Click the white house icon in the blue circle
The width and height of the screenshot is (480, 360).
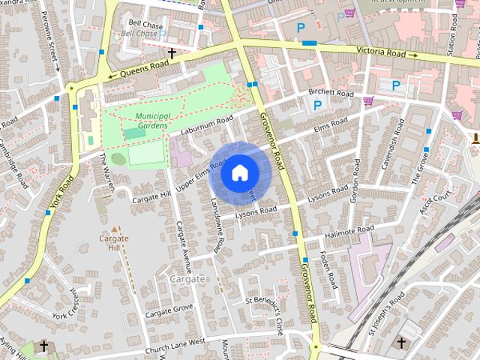point(239,172)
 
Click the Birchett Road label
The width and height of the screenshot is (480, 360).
point(331,94)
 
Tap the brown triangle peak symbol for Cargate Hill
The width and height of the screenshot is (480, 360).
point(114,228)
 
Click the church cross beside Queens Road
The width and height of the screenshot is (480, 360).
point(172,53)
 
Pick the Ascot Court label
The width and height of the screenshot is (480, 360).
point(436,202)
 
